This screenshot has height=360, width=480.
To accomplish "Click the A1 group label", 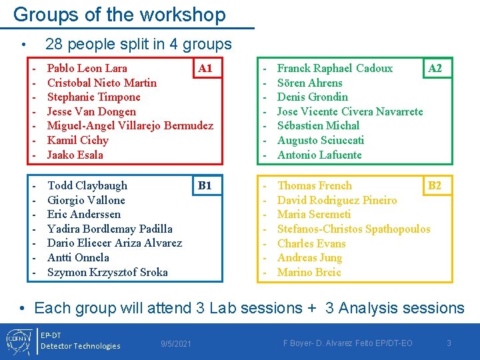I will pos(206,68).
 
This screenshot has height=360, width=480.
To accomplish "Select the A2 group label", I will pos(435,68).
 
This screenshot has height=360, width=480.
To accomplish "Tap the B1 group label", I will pos(205,185).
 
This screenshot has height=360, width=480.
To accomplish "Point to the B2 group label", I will pos(434,185).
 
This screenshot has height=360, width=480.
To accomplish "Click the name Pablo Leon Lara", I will pos(87,68).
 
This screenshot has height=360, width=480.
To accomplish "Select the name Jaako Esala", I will pos(75,155).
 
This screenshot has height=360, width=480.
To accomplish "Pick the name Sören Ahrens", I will pos(309,83).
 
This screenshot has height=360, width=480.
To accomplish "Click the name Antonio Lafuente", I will pos(319,155).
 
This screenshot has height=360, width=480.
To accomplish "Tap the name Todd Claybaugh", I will pos(87,185).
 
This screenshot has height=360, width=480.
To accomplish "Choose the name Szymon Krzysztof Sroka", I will pos(107,272).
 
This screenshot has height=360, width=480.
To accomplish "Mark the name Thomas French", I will pos(315,185).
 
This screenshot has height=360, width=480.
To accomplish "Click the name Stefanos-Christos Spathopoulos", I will pos(353,229).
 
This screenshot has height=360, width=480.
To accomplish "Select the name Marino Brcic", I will pos(309,272).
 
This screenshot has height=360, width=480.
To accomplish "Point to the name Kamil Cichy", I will pos(78,140).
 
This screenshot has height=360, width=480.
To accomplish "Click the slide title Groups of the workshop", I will pos(119,15).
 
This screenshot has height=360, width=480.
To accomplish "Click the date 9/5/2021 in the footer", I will pos(176,344).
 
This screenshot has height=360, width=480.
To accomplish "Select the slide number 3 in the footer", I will pos(449,343).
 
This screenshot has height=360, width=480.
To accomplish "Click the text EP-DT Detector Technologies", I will pos(80,340).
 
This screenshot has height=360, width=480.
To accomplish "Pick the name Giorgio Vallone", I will pos(86,200).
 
